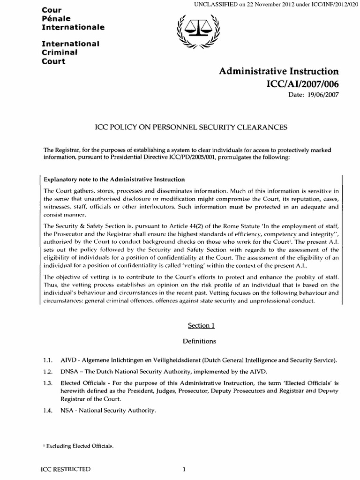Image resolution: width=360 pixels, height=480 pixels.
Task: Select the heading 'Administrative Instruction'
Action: [278, 71]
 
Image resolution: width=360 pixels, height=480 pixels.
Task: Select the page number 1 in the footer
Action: [185, 469]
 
